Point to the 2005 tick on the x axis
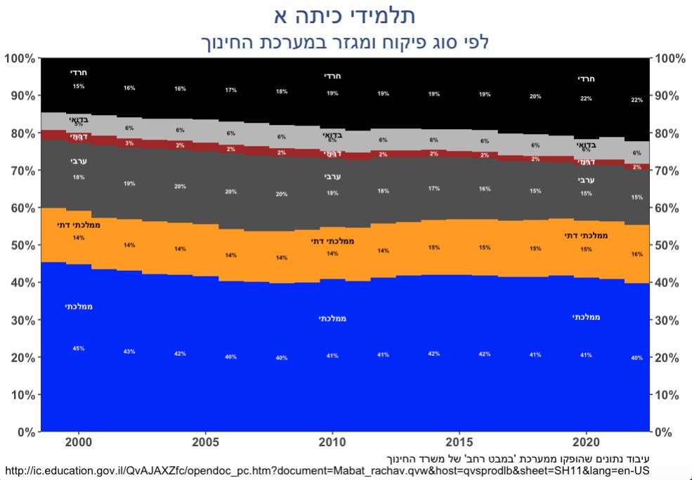205,444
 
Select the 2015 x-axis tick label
459,444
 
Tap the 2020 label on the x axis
586,444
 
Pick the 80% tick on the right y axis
669,133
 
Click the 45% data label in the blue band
79,349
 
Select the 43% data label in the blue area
129,351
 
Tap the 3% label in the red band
129,143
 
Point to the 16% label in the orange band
636,254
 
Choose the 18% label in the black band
281,92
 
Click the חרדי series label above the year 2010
332,76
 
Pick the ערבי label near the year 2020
586,180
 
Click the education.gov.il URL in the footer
327,469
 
